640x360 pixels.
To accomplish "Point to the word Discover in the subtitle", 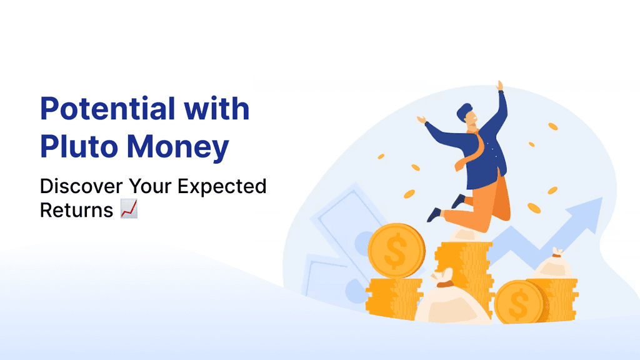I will coord(80,186).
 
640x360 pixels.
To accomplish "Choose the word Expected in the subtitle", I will coord(228,186).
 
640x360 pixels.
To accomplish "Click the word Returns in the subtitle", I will coord(76,211).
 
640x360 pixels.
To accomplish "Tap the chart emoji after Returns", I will coord(129,211).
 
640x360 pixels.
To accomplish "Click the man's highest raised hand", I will coord(499,86).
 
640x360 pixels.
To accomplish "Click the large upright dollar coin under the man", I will coord(396,251).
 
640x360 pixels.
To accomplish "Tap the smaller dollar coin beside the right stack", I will coord(518,301).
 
